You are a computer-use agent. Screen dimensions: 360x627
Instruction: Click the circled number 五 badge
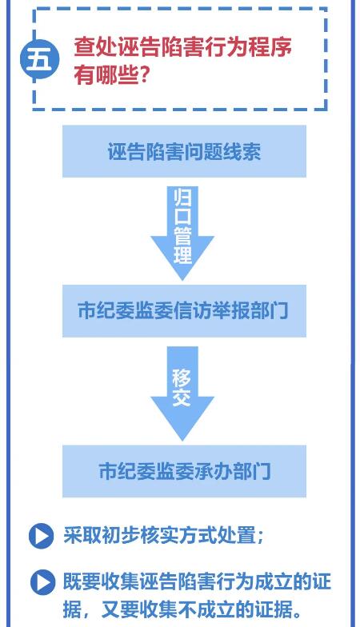pos(40,59)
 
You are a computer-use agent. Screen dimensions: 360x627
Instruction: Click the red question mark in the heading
pos(143,74)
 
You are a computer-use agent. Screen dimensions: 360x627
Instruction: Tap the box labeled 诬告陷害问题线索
pos(184,151)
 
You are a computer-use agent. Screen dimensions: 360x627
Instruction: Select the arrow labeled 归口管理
pos(182,233)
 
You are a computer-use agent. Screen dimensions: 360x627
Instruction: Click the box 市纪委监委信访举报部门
pos(184,310)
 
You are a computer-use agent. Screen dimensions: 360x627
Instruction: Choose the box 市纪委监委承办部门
pos(184,471)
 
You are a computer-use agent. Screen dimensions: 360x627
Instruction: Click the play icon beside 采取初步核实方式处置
pos(42,536)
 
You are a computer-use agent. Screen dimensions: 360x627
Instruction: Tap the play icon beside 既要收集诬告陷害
pos(43,582)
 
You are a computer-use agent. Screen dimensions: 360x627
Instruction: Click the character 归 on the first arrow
pos(182,197)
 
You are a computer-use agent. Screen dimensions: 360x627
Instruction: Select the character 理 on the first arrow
pos(182,254)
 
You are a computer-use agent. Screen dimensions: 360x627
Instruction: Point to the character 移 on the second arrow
pos(182,377)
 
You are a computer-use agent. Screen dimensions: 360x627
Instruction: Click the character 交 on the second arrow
pos(182,397)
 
